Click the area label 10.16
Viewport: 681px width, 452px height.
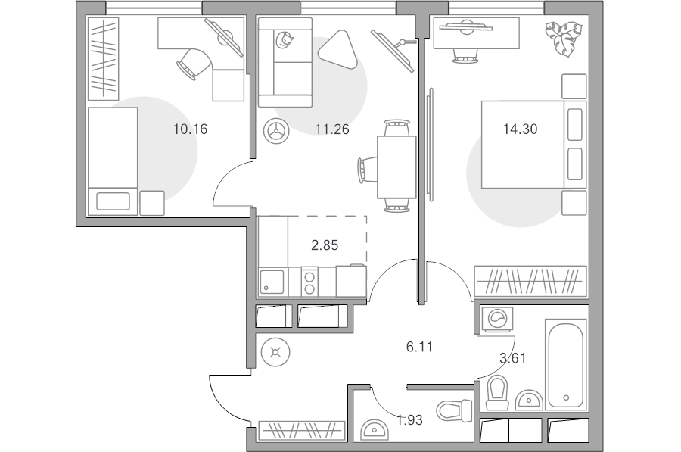(x=190, y=129)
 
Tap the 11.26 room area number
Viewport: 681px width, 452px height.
(x=332, y=129)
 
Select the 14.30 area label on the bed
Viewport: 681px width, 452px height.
(x=520, y=129)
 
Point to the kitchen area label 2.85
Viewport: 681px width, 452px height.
(x=325, y=245)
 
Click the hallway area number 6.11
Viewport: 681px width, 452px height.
(x=419, y=347)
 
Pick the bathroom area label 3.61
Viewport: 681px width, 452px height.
(x=513, y=358)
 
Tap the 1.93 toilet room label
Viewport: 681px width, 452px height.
(x=409, y=420)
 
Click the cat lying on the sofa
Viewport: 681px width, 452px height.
(x=284, y=39)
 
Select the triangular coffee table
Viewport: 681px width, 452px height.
(x=339, y=48)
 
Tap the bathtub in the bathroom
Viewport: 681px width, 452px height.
(x=566, y=363)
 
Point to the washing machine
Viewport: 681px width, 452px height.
(x=497, y=320)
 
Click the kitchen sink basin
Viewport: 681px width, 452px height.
(x=272, y=282)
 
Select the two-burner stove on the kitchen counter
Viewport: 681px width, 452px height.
(x=309, y=282)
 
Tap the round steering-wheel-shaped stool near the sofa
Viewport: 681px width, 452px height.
(x=275, y=130)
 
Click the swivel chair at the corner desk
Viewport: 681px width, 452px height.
(x=194, y=64)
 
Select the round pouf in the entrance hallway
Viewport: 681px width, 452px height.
(x=275, y=352)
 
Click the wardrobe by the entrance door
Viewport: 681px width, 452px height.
(x=302, y=431)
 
